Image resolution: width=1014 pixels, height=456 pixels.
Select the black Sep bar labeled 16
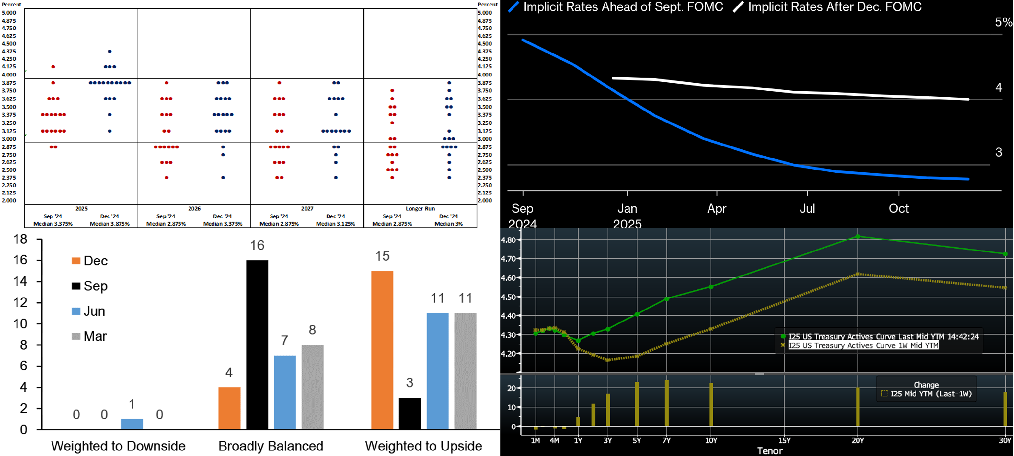[257, 345]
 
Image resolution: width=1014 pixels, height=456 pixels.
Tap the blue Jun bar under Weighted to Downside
[132, 424]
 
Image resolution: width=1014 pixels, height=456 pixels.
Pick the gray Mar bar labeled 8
[313, 387]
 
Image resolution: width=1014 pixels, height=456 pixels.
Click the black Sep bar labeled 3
[409, 414]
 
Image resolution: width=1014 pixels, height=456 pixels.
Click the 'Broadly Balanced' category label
[271, 446]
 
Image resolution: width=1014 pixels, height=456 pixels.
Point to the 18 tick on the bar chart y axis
[20, 239]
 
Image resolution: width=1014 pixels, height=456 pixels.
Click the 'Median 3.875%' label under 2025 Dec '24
[109, 224]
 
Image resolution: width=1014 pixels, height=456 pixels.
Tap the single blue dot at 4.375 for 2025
[110, 51]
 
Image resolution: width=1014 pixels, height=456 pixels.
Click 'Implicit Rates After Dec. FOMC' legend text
[835, 7]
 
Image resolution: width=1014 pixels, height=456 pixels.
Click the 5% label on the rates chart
[1003, 22]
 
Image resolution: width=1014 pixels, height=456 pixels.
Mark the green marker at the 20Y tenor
[858, 236]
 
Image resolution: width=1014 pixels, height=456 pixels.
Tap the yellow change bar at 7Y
[667, 403]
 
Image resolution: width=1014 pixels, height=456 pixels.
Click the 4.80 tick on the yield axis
[508, 240]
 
